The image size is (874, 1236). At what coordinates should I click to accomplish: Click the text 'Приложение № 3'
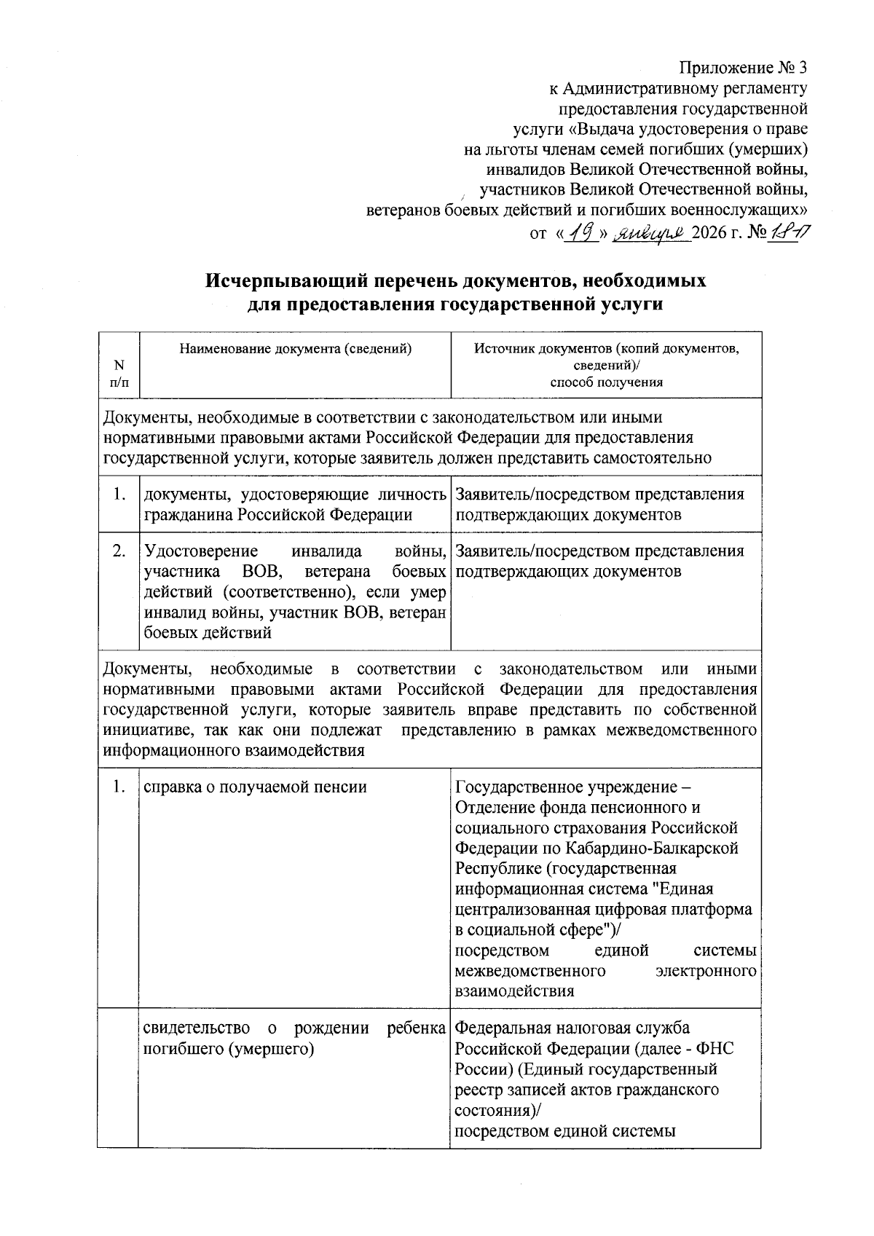[x=743, y=68]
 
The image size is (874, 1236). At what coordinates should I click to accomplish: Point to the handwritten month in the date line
[x=650, y=235]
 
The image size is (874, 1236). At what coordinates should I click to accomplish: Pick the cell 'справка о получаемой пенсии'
[x=255, y=787]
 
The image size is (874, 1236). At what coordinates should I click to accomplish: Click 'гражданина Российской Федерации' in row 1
[x=278, y=515]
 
